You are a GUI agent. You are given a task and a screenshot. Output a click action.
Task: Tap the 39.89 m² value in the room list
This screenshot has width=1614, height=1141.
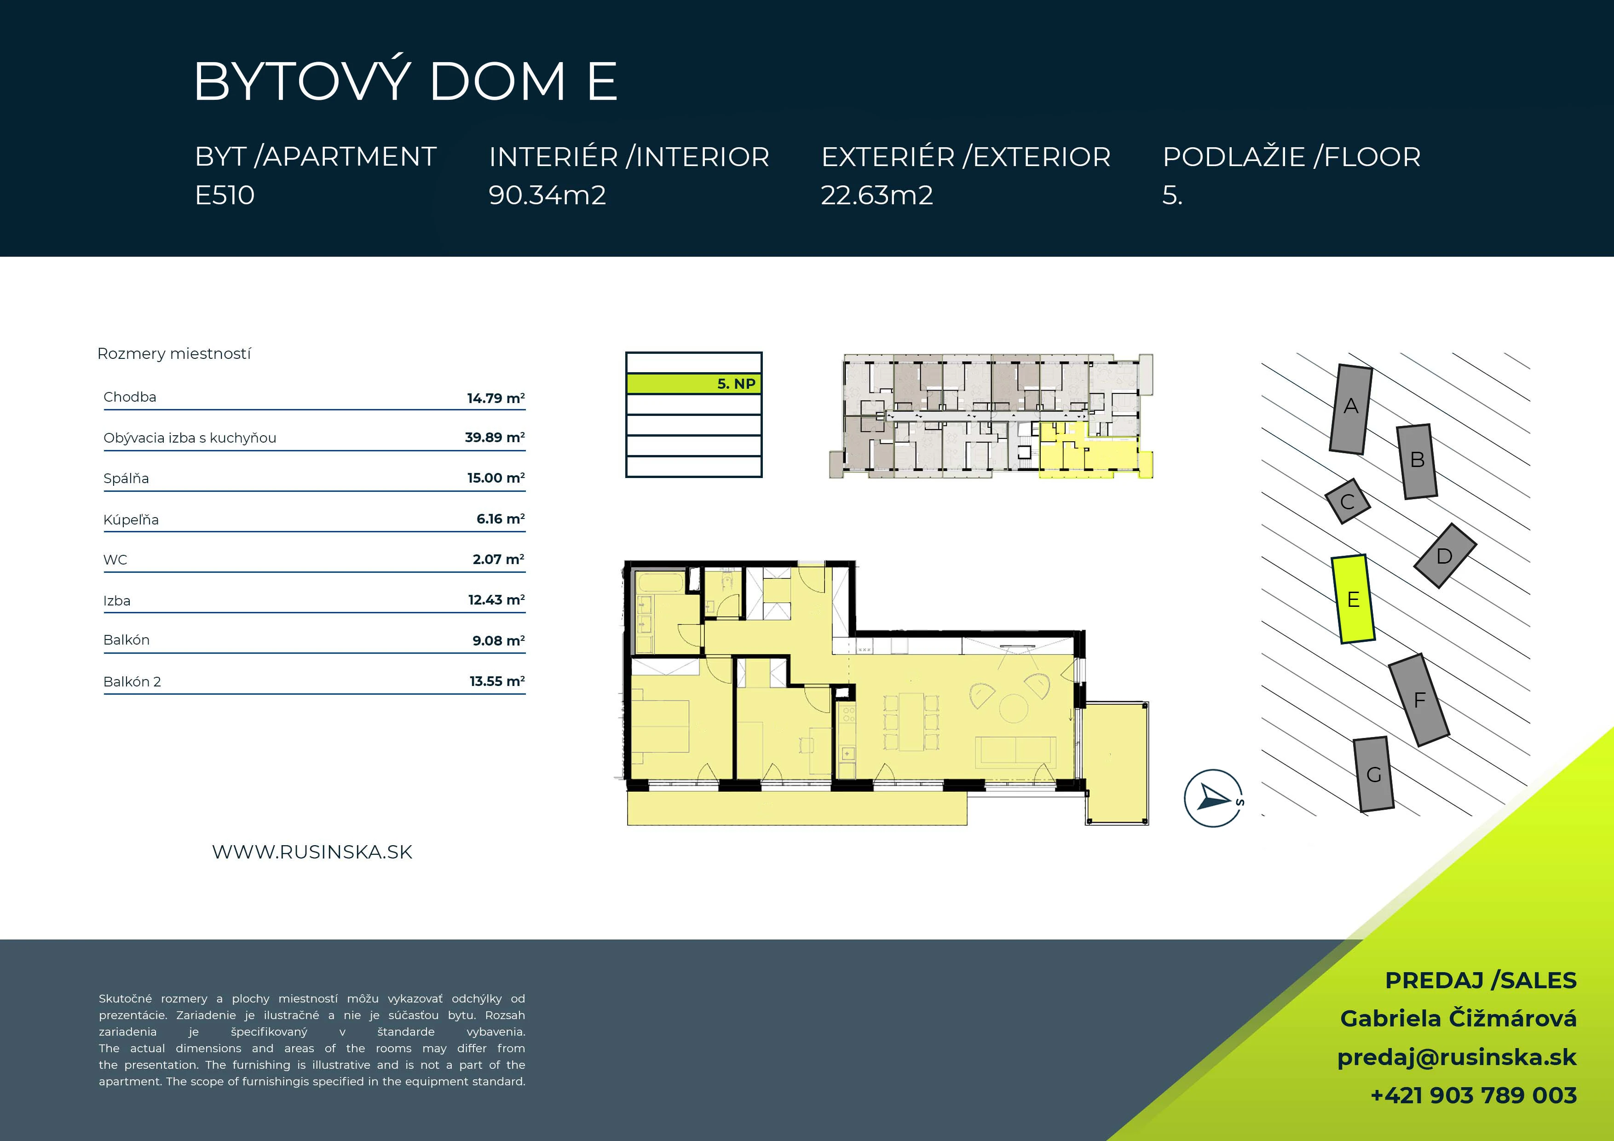click(495, 437)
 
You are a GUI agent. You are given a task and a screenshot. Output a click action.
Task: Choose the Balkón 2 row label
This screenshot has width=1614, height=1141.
click(132, 681)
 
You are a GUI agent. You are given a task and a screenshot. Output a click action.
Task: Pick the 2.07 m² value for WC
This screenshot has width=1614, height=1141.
click(498, 559)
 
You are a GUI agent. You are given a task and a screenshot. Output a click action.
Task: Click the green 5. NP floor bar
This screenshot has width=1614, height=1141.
click(694, 384)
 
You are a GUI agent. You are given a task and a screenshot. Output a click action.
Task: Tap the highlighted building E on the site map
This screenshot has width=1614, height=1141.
click(1353, 599)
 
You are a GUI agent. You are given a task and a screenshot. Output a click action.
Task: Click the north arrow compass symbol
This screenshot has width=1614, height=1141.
click(1213, 798)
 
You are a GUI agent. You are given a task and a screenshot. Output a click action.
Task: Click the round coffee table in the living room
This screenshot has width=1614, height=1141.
click(1014, 709)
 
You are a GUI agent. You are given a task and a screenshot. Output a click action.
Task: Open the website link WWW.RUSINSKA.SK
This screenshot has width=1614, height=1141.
click(312, 852)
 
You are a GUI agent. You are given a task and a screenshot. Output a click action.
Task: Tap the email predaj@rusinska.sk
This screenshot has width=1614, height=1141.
click(1457, 1057)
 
